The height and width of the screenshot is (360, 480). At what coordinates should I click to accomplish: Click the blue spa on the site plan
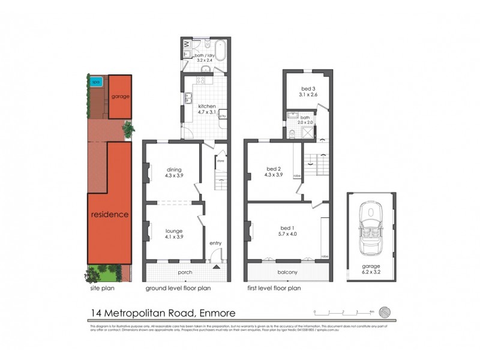click(95, 82)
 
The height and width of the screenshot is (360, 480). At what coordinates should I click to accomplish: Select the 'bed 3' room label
click(308, 89)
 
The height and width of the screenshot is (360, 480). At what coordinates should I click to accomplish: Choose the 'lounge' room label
click(173, 230)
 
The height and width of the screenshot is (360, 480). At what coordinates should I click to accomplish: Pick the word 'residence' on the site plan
click(110, 214)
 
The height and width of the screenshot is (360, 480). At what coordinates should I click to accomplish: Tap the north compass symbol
click(388, 311)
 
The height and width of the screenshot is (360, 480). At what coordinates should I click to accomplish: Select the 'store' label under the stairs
click(220, 161)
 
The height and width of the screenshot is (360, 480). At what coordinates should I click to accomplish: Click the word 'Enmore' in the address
click(213, 313)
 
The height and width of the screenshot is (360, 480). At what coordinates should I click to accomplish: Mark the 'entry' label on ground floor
click(215, 243)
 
